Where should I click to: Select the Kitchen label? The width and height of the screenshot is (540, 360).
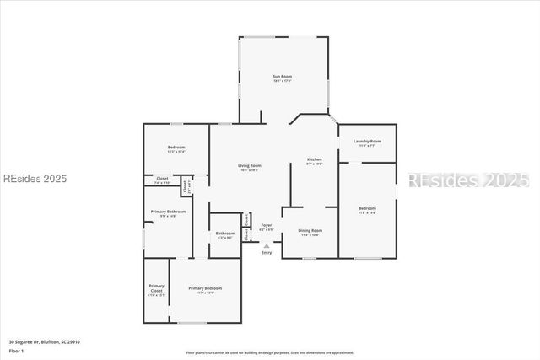[314, 159]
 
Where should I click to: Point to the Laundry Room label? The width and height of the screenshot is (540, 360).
[367, 141]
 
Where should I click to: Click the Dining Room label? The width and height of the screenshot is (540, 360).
[311, 230]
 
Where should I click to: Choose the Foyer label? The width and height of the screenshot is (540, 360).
[266, 225]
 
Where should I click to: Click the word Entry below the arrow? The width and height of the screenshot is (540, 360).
[267, 253]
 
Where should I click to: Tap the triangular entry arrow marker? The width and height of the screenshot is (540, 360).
[267, 245]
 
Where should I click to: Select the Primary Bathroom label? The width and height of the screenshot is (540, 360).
[168, 212]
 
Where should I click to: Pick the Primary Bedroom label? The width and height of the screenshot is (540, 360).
[205, 288]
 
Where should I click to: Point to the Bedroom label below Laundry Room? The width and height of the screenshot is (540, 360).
[367, 208]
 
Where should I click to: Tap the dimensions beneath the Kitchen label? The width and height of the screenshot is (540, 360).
[314, 164]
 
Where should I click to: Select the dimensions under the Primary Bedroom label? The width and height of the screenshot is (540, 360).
[205, 293]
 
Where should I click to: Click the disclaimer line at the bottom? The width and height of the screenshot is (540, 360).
[270, 352]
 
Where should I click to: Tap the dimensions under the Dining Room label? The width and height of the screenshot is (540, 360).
[311, 235]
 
